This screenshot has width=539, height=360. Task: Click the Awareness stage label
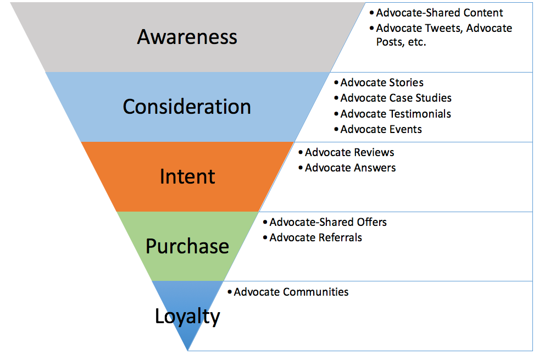coord(187,37)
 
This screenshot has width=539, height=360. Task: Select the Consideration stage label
coord(187,107)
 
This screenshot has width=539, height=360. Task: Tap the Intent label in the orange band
coord(187,176)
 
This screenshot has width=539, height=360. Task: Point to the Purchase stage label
coord(187,246)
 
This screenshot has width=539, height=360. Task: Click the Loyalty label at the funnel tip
coord(187,317)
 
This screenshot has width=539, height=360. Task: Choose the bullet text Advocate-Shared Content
coord(440,13)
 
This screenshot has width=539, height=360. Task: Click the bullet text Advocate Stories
coord(382,82)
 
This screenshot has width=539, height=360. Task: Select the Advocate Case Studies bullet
coord(396,98)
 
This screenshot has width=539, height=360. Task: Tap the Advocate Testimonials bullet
coord(396,114)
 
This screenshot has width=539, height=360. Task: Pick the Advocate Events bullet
coord(381,129)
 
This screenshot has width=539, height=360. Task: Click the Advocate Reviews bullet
coord(349,152)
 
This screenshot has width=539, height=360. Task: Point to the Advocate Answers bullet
coord(351,168)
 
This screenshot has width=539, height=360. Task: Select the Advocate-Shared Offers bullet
coord(328,222)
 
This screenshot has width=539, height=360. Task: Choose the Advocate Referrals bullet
coord(315,237)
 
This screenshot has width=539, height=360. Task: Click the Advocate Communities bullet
coord(291,292)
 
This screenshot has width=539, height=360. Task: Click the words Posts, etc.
coord(401,42)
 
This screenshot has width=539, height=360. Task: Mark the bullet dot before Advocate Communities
coord(230,292)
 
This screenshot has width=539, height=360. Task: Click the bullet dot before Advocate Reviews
coord(301,152)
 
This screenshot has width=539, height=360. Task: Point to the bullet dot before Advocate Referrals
coord(265,237)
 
